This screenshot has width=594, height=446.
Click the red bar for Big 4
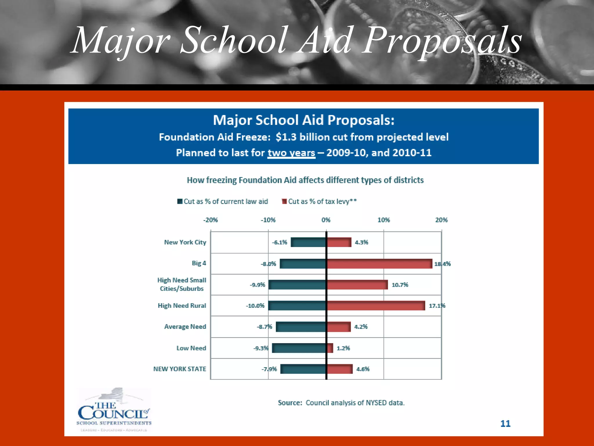pyautogui.click(x=379, y=264)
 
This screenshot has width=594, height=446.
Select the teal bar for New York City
pyautogui.click(x=308, y=242)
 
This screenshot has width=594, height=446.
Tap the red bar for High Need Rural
pyautogui.click(x=376, y=305)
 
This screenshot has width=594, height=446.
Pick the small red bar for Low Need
pyautogui.click(x=330, y=348)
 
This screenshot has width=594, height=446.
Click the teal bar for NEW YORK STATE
pyautogui.click(x=303, y=369)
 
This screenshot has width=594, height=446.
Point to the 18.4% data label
pyautogui.click(x=442, y=264)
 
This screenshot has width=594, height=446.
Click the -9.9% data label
pyautogui.click(x=258, y=285)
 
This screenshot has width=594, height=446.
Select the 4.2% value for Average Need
pyautogui.click(x=361, y=327)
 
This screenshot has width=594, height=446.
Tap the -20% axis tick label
pyautogui.click(x=210, y=220)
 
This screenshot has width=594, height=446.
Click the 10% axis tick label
pyautogui.click(x=383, y=220)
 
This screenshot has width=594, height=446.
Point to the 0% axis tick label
pyautogui.click(x=326, y=220)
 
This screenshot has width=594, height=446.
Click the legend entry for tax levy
pyautogui.click(x=319, y=202)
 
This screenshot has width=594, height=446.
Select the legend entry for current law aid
pyautogui.click(x=223, y=202)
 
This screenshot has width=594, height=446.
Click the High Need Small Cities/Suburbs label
pyautogui.click(x=182, y=284)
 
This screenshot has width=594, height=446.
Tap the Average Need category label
pyautogui.click(x=185, y=327)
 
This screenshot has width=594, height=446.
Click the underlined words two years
pyautogui.click(x=291, y=153)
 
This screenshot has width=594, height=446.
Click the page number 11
pyautogui.click(x=505, y=424)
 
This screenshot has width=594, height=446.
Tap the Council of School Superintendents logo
pyautogui.click(x=114, y=410)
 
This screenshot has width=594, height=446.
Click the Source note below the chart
pyautogui.click(x=341, y=403)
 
